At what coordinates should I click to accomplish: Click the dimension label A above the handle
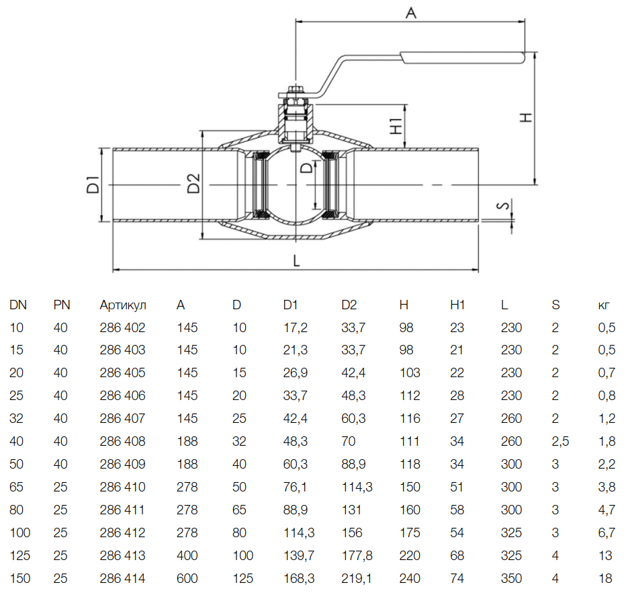pyautogui.click(x=411, y=13)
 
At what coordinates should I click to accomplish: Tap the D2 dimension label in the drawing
pyautogui.click(x=193, y=184)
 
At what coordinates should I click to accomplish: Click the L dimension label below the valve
pyautogui.click(x=296, y=261)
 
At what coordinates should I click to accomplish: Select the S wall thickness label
pyautogui.click(x=504, y=205)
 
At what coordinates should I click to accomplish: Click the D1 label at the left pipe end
pyautogui.click(x=93, y=184)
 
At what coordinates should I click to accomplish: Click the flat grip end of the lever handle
pyautogui.click(x=462, y=58)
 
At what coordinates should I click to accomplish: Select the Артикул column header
pyautogui.click(x=123, y=305)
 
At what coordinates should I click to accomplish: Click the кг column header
pyautogui.click(x=604, y=305)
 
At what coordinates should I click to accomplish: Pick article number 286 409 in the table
pyautogui.click(x=122, y=464)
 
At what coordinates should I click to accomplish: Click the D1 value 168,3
pyautogui.click(x=299, y=578)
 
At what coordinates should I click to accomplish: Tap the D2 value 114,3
pyautogui.click(x=357, y=487)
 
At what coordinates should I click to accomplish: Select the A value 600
pyautogui.click(x=187, y=578)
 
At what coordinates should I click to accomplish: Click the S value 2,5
pyautogui.click(x=561, y=441)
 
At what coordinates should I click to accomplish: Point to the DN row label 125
pyautogui.click(x=20, y=555)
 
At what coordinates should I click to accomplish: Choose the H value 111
pyautogui.click(x=410, y=441)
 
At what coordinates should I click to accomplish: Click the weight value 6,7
pyautogui.click(x=607, y=532)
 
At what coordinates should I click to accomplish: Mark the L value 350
pyautogui.click(x=511, y=578)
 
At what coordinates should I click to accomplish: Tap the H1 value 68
pyautogui.click(x=457, y=555)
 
